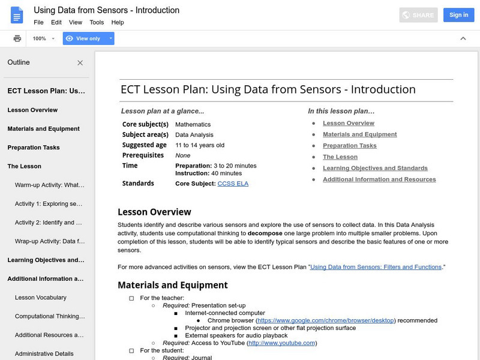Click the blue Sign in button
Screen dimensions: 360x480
click(458, 15)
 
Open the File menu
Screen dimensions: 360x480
click(39, 22)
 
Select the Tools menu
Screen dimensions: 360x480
click(97, 22)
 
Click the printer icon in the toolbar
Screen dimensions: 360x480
click(17, 38)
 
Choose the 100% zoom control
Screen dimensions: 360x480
click(44, 38)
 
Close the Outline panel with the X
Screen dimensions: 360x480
click(80, 62)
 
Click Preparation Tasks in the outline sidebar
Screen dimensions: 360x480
click(34, 148)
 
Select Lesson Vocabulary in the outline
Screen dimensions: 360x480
click(41, 298)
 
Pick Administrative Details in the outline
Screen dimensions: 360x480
click(44, 354)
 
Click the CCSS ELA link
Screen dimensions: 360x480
click(233, 184)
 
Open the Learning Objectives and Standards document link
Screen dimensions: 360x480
click(375, 168)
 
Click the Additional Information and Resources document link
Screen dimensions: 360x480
click(379, 179)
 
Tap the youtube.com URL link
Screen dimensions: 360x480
click(281, 343)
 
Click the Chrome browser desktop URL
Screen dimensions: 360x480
click(326, 320)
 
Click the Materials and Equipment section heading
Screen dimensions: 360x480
click(173, 285)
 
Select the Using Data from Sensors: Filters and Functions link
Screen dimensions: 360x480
click(376, 266)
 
